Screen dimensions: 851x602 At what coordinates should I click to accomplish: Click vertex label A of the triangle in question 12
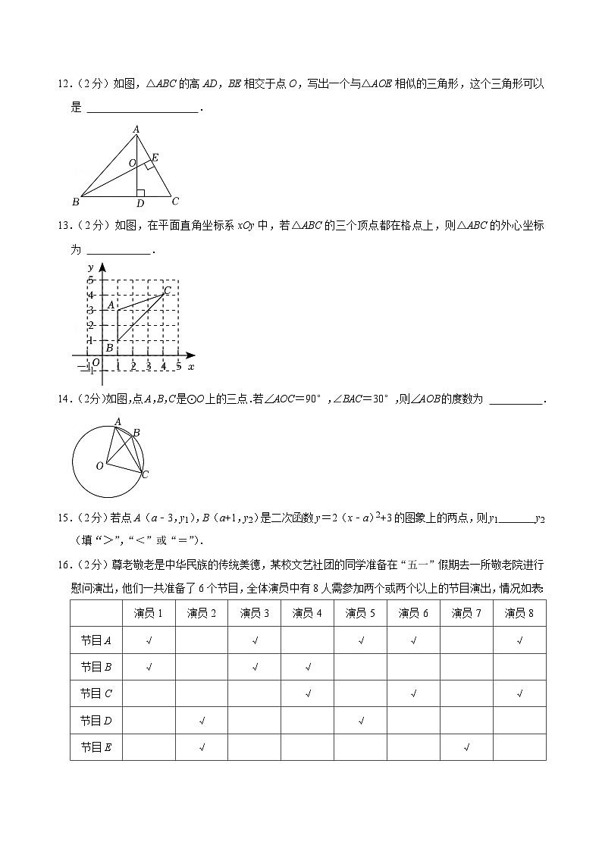pos(136,130)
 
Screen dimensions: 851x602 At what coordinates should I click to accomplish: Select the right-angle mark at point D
pos(140,193)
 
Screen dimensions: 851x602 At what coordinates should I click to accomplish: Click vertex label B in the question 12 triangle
pos(75,202)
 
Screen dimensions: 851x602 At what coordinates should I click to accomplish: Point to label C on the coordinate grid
pos(167,290)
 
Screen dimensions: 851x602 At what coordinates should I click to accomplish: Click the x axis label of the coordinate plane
pos(191,367)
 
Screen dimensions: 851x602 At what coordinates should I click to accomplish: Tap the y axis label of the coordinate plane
pos(90,268)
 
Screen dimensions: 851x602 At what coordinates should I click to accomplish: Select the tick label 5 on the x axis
pos(178,367)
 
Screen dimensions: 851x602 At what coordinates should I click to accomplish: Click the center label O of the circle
pos(99,466)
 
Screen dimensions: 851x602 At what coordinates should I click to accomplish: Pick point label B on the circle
pos(136,433)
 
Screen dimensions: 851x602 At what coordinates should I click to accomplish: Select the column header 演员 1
pos(149,613)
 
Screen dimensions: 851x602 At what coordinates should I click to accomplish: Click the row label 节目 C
pos(96,693)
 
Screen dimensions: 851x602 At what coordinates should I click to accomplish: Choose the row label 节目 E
pos(96,746)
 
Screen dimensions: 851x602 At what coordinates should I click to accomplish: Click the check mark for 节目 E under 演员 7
pos(466,747)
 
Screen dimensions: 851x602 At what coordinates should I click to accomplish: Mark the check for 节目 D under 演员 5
pos(361,721)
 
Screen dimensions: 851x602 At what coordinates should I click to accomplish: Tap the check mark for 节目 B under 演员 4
pos(308,667)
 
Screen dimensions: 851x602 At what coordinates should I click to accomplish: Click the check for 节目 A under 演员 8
pos(519,640)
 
